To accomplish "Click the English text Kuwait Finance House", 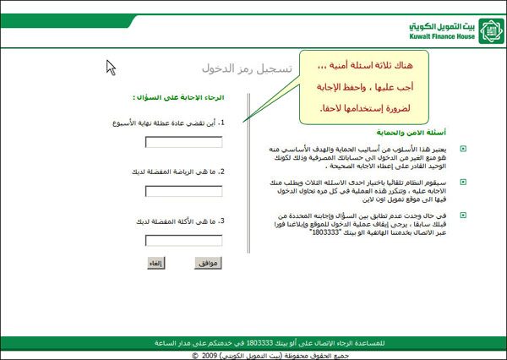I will coord(434,38).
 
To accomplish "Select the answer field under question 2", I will coord(183,191).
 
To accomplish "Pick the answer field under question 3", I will coord(183,240).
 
